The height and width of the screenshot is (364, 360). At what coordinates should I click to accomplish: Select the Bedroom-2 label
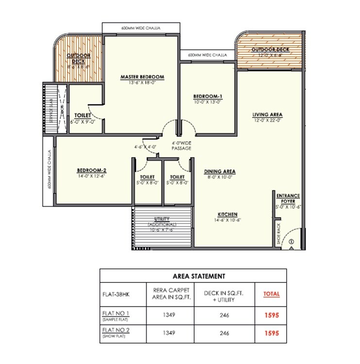91,170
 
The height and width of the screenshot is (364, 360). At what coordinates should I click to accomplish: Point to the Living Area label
267,115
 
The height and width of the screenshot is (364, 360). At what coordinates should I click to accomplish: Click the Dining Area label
220,171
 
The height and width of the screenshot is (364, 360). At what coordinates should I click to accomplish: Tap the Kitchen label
227,214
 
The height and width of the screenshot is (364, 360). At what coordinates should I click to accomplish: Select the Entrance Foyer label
288,198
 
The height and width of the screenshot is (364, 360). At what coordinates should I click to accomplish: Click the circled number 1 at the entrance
291,241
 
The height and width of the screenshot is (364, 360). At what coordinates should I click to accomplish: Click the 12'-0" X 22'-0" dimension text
267,121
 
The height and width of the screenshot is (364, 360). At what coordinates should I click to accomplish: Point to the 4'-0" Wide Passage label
181,146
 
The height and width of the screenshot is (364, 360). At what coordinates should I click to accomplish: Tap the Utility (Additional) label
162,222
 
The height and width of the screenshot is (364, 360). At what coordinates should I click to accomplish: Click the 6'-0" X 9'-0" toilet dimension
82,121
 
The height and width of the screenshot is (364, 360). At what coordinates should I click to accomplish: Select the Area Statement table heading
193,276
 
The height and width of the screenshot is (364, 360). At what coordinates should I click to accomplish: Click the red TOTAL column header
271,294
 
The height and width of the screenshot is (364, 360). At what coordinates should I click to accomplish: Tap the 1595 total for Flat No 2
271,333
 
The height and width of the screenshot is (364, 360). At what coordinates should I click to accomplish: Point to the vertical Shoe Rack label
278,233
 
